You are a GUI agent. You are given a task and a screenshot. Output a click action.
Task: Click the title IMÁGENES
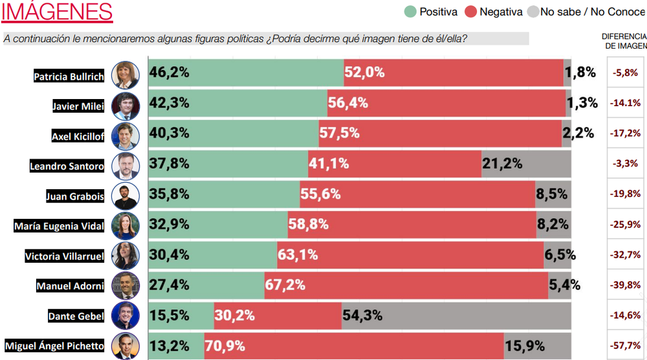(x=58, y=12)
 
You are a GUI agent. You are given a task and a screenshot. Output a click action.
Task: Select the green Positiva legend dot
(x=410, y=12)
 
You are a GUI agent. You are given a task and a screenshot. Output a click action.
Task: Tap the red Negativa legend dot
(x=470, y=12)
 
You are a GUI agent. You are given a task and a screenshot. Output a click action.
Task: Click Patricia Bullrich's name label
(x=69, y=76)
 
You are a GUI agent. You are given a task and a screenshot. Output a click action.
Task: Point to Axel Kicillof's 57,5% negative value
(x=339, y=133)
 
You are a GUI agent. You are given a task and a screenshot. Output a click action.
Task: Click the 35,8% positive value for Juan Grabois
(x=170, y=194)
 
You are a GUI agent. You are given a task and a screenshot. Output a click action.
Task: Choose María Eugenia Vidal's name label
(x=59, y=226)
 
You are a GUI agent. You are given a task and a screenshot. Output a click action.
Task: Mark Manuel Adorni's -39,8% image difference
(x=626, y=285)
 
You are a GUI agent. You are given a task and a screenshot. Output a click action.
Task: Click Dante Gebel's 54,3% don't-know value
(x=362, y=315)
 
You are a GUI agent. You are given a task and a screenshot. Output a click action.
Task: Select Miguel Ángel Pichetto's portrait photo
(x=125, y=346)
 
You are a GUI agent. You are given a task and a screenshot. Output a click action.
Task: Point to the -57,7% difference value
(x=626, y=346)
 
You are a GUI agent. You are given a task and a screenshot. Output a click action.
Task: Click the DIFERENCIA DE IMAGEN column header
(x=624, y=41)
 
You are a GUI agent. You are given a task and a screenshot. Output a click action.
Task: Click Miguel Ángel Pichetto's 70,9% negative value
(x=225, y=346)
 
